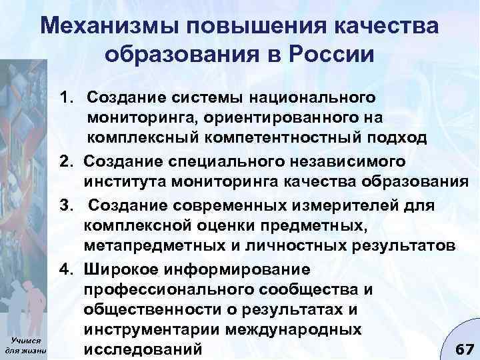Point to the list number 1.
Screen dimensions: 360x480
(67, 98)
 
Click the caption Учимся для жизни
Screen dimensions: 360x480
(25, 343)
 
